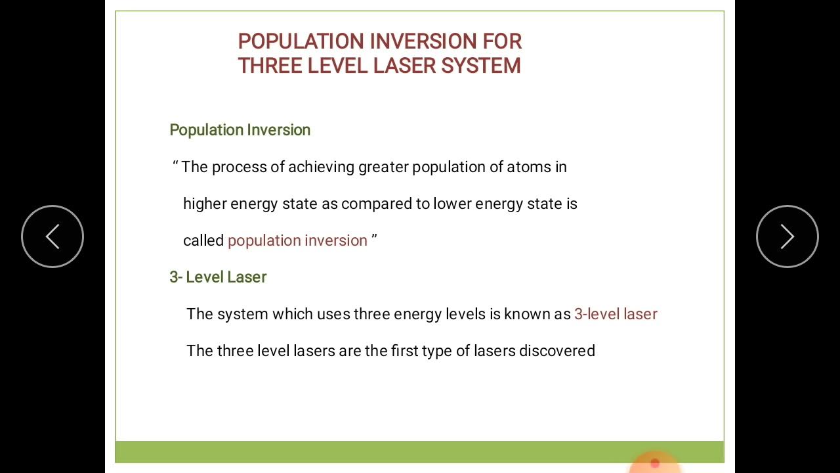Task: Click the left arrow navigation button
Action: [52, 236]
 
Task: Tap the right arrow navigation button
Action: [787, 236]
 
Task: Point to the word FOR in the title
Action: [502, 41]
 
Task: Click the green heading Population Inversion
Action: [240, 130]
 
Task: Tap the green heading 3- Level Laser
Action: [218, 277]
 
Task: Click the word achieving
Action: [321, 167]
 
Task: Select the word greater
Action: [383, 168]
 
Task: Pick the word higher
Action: [204, 204]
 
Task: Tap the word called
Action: [203, 240]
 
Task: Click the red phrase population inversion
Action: [297, 241]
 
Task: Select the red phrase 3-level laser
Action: [616, 314]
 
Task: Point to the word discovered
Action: [556, 351]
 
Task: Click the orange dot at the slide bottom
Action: [654, 463]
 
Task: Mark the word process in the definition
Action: [239, 168]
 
